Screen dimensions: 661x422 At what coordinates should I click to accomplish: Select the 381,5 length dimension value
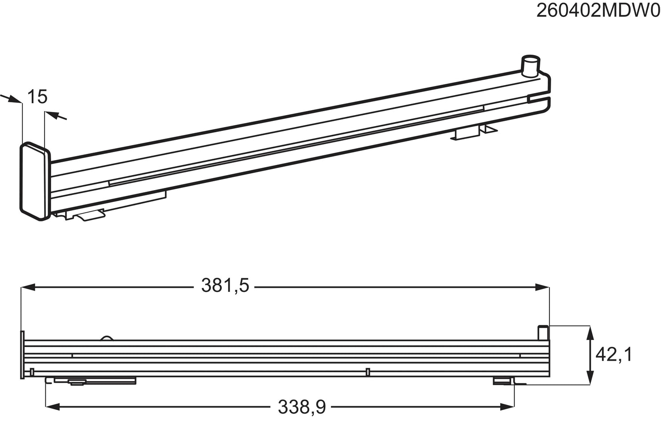(x=225, y=286)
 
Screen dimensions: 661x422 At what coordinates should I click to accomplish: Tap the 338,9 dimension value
(x=302, y=407)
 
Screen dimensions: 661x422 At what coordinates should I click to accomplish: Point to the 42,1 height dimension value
(x=614, y=355)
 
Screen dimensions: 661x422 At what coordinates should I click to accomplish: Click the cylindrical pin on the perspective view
(x=530, y=67)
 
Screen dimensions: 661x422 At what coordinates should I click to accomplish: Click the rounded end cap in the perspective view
(x=35, y=181)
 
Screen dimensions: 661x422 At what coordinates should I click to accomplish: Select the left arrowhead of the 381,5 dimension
(x=28, y=287)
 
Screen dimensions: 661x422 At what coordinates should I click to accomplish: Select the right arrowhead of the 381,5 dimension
(x=542, y=287)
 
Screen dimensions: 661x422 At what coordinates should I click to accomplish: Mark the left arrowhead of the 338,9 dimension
(x=53, y=407)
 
